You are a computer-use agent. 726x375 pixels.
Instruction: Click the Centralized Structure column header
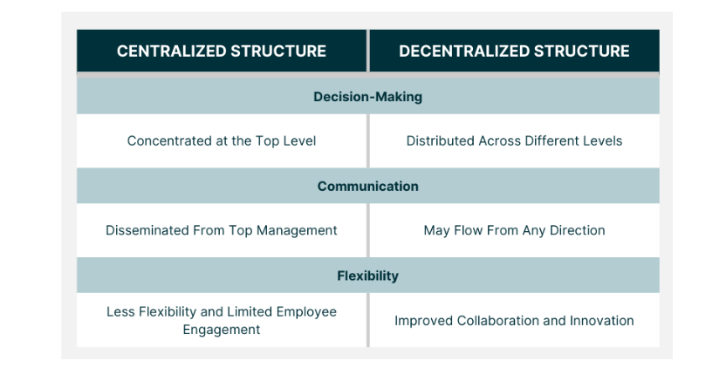coord(222,51)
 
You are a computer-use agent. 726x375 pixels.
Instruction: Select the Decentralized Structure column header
coord(514,51)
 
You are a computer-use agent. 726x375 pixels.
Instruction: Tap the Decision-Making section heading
coord(367,97)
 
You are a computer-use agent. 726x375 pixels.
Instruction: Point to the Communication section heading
coord(367,186)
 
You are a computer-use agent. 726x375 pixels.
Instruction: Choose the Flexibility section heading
coord(367,276)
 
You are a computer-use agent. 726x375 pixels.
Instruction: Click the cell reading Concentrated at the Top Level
coord(222,140)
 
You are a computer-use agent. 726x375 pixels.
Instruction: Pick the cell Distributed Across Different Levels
coord(514,140)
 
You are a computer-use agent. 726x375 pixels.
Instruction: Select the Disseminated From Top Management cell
coord(222,230)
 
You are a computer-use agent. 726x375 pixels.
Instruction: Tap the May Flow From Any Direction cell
coord(514,230)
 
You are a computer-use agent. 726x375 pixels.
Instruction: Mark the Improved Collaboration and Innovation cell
coord(514,321)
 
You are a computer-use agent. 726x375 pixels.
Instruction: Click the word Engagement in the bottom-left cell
coord(222,330)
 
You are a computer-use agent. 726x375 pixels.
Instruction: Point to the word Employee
coord(306,312)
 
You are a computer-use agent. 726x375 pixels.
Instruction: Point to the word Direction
coord(577,230)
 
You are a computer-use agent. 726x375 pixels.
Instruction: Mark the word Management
coord(297,230)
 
